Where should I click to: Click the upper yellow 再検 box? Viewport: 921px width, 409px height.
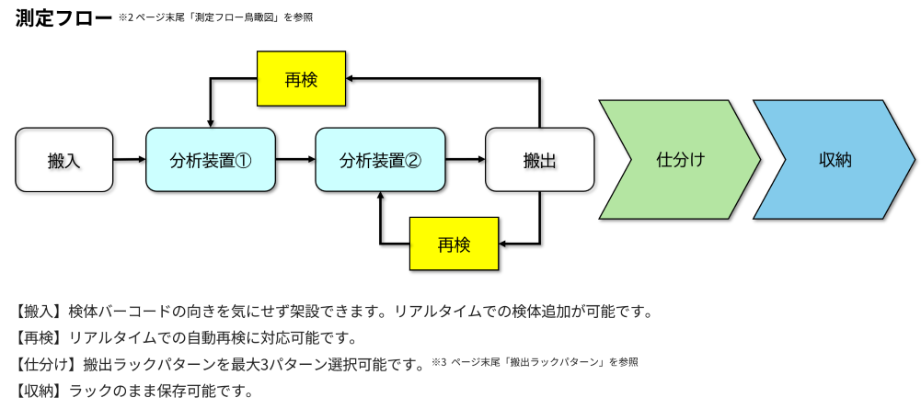pos(301,79)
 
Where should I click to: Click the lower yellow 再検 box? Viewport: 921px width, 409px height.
pos(454,244)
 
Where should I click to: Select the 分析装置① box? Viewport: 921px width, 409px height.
pos(211,159)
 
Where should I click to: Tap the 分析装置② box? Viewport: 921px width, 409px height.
pos(380,159)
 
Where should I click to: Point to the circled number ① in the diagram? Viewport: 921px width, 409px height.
pos(243,160)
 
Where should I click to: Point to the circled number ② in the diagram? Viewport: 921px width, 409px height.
pos(412,160)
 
